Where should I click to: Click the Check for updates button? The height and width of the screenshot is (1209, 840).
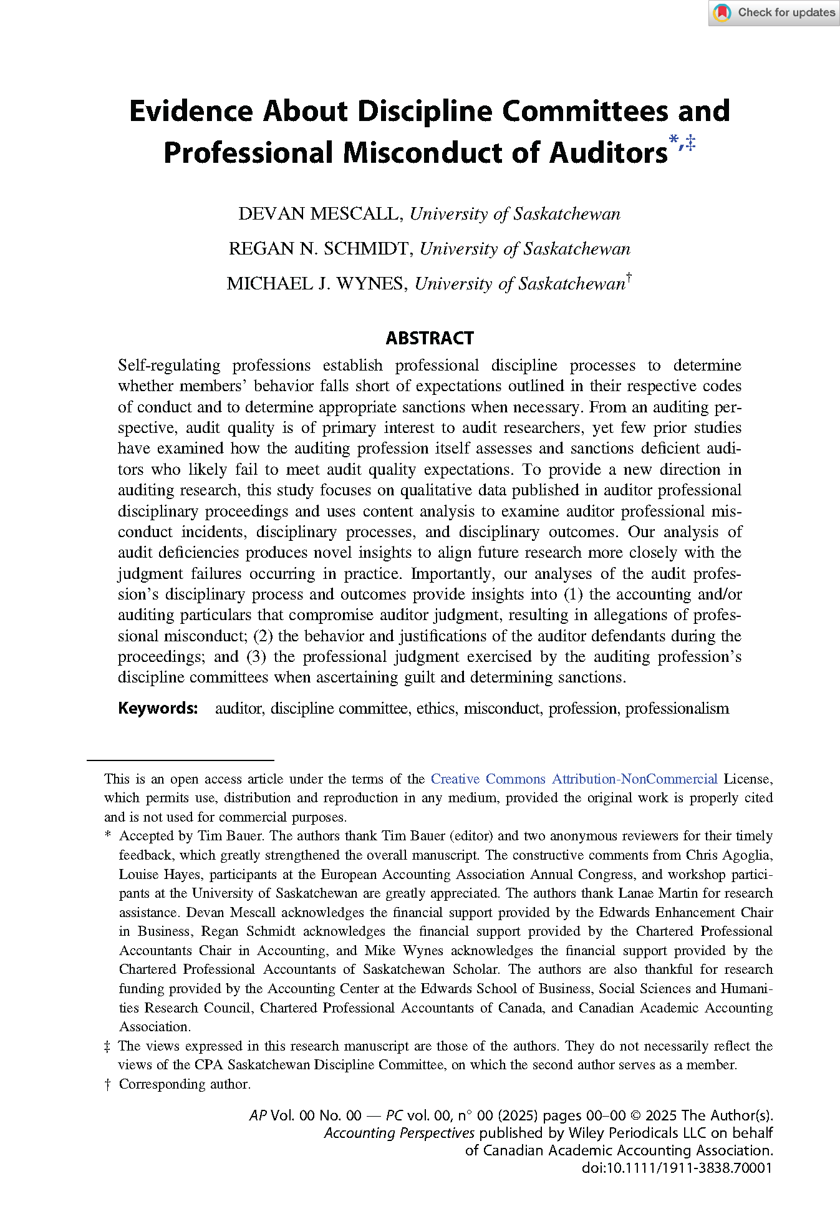pyautogui.click(x=773, y=12)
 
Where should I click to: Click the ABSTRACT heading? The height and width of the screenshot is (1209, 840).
pyautogui.click(x=430, y=338)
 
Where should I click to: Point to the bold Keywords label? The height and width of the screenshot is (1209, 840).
pyautogui.click(x=158, y=708)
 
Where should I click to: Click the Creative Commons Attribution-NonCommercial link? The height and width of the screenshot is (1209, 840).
pyautogui.click(x=574, y=779)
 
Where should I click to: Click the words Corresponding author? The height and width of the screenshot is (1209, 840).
pyautogui.click(x=185, y=1084)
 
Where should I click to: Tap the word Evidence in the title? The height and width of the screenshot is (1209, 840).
pyautogui.click(x=191, y=111)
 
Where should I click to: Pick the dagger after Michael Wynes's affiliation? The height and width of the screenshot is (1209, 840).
pyautogui.click(x=629, y=278)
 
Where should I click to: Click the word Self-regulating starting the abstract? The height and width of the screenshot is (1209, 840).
pyautogui.click(x=169, y=366)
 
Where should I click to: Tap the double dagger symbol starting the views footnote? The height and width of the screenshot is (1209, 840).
pyautogui.click(x=108, y=1046)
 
